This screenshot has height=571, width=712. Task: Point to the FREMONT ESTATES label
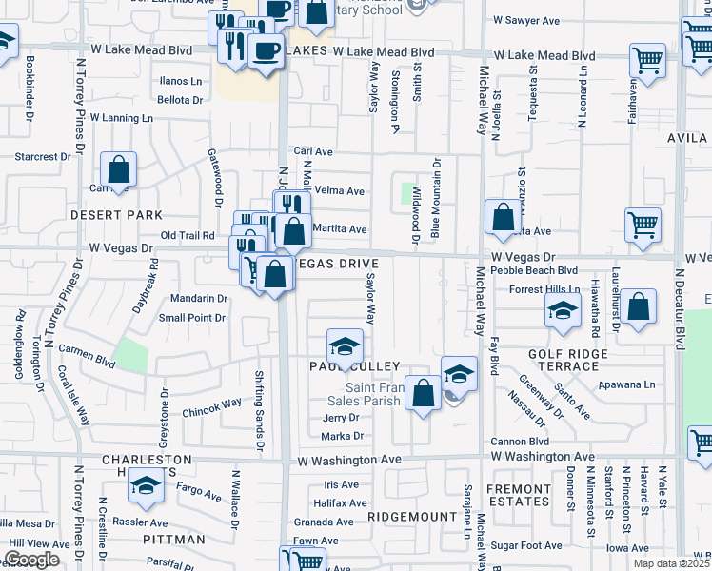519,494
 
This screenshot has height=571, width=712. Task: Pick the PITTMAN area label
176,540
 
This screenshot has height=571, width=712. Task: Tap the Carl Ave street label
313,151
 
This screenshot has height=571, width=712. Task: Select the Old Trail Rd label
188,235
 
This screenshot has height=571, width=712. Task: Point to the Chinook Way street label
211,404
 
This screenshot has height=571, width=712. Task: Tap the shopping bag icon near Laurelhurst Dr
641,305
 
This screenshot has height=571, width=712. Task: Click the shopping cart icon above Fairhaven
647,59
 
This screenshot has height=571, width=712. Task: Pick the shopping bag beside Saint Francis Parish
422,391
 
